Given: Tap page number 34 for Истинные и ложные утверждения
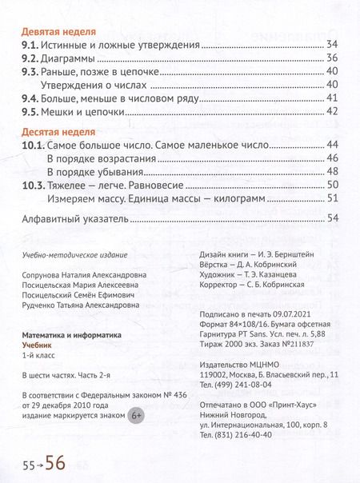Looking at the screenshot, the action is [334, 46].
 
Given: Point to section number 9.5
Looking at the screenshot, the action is [30, 111].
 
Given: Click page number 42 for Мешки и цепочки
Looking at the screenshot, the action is [334, 111].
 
